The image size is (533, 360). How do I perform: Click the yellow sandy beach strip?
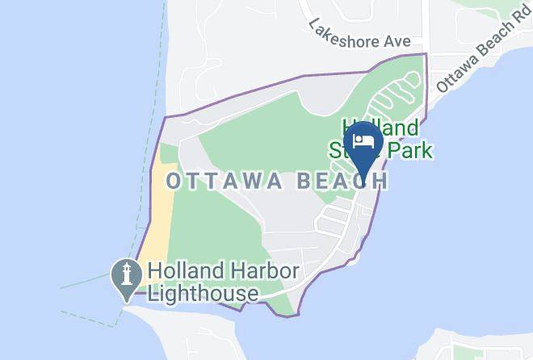(x=157, y=218)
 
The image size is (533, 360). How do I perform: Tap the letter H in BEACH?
(x=381, y=180)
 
